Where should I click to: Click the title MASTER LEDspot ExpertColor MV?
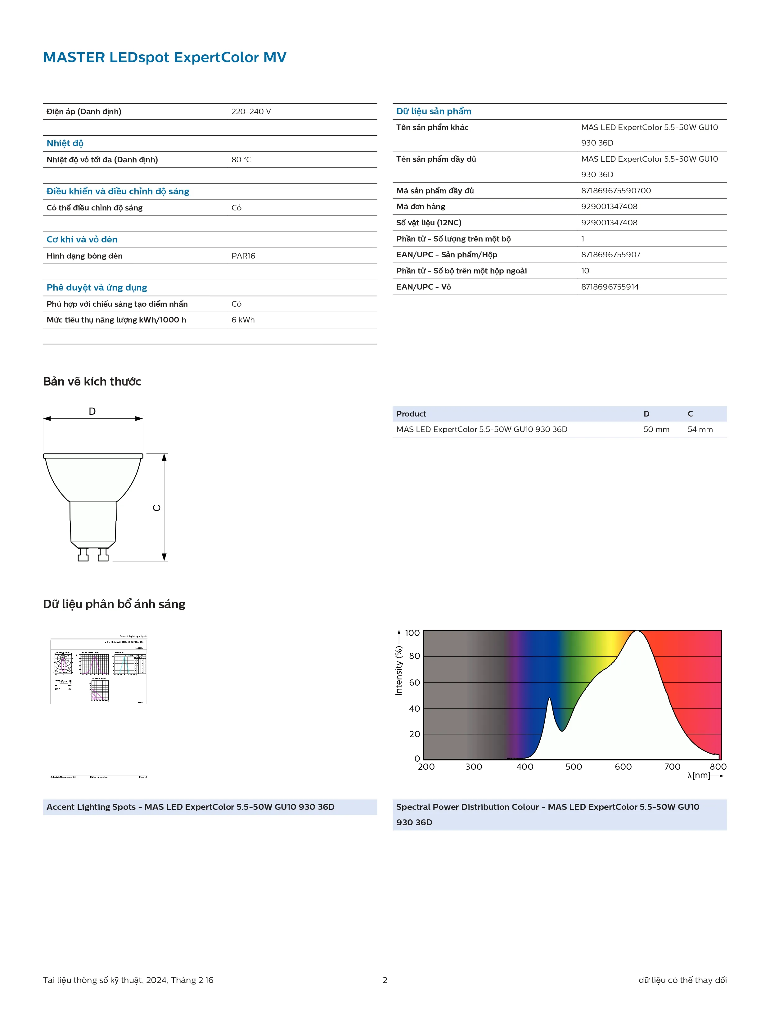click(164, 57)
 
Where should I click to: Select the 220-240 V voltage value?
click(251, 111)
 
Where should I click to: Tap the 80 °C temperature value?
click(241, 160)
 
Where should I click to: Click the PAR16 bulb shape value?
click(243, 256)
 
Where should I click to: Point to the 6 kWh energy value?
click(243, 320)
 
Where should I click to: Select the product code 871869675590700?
click(615, 191)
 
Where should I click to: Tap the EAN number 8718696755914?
click(610, 287)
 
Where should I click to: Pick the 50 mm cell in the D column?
click(656, 429)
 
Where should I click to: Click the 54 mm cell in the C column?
click(700, 429)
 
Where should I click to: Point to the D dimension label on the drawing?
click(92, 411)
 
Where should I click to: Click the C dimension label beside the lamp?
click(157, 508)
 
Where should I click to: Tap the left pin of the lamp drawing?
click(83, 555)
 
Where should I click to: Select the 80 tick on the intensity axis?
click(414, 656)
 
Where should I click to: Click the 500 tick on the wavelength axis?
click(574, 767)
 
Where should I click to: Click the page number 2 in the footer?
click(385, 980)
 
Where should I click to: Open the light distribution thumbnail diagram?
click(98, 670)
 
